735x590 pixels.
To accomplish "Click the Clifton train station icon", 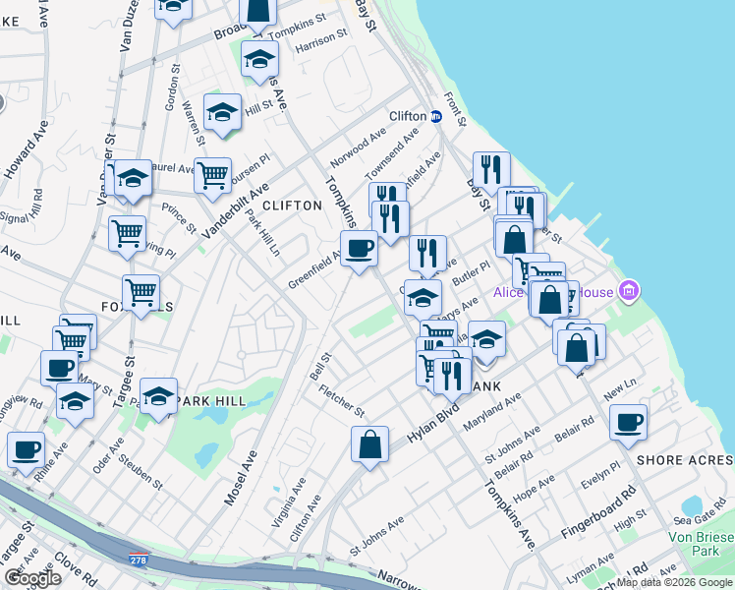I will (435, 116).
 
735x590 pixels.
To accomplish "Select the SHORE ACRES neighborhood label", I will (685, 460).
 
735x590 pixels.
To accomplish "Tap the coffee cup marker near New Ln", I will (628, 422).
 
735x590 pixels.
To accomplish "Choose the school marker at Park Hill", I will (158, 395).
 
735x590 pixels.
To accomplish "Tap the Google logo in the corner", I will (31, 577).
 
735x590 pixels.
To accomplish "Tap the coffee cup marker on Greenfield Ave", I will (359, 247).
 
